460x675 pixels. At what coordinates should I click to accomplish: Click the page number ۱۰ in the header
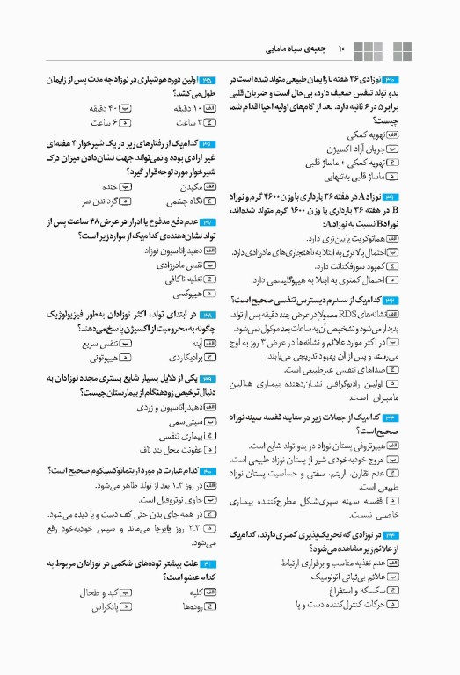[x=343, y=50]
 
